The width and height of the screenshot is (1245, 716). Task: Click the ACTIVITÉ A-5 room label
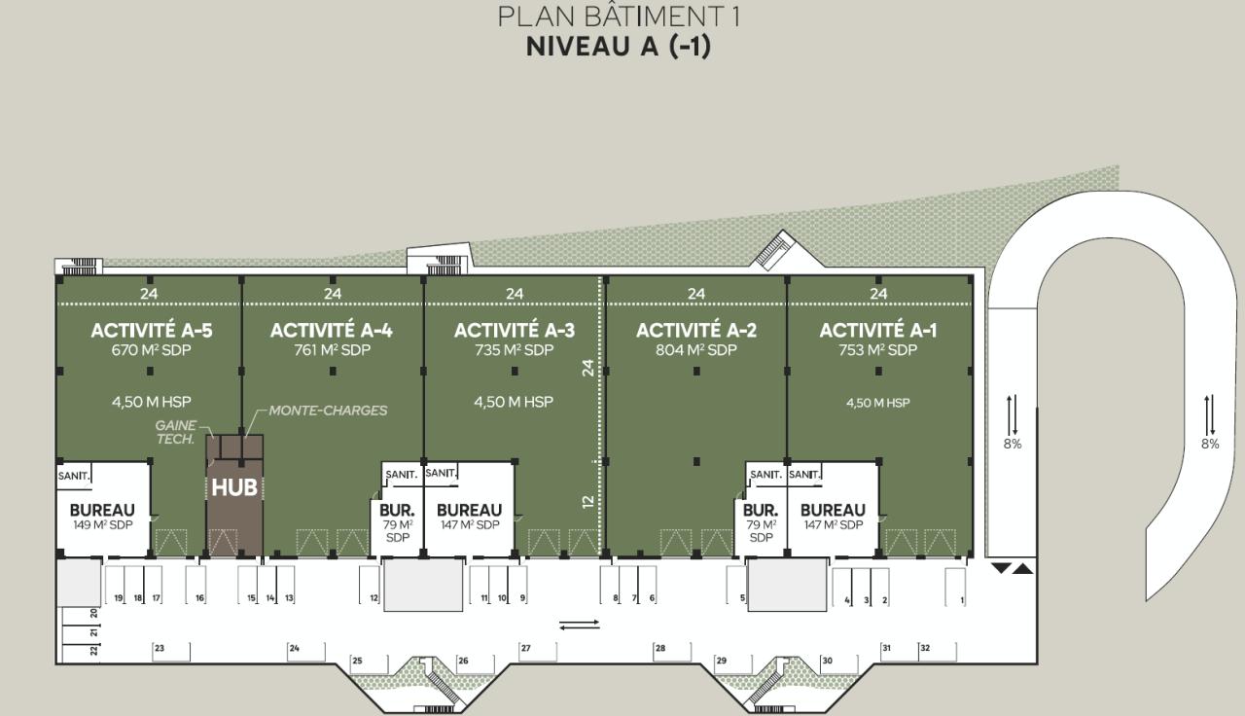pyautogui.click(x=151, y=331)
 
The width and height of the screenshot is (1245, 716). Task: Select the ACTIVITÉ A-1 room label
pyautogui.click(x=878, y=331)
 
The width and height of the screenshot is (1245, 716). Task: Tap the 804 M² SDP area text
pyautogui.click(x=696, y=350)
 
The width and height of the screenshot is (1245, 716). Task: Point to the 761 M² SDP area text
pyautogui.click(x=332, y=350)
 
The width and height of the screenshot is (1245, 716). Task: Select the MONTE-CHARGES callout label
pyautogui.click(x=328, y=411)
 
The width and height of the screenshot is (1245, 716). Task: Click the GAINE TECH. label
pyautogui.click(x=176, y=433)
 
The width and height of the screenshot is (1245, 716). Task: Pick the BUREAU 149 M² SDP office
pyautogui.click(x=102, y=516)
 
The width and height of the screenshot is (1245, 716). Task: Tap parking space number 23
pyautogui.click(x=159, y=648)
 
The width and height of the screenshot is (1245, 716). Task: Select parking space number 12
pyautogui.click(x=373, y=598)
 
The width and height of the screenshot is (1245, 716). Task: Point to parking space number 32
pyautogui.click(x=925, y=648)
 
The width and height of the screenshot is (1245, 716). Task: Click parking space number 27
pyautogui.click(x=525, y=648)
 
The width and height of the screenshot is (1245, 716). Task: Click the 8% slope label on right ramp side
pyautogui.click(x=1209, y=444)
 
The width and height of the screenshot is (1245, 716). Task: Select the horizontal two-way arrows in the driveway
pyautogui.click(x=580, y=625)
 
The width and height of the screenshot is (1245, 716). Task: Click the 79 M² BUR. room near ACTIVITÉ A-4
pyautogui.click(x=397, y=521)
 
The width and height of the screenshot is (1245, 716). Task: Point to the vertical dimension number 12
pyautogui.click(x=587, y=501)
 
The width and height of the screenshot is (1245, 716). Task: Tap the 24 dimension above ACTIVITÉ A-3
pyautogui.click(x=515, y=293)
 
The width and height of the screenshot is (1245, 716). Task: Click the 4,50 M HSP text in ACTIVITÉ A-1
pyautogui.click(x=877, y=403)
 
